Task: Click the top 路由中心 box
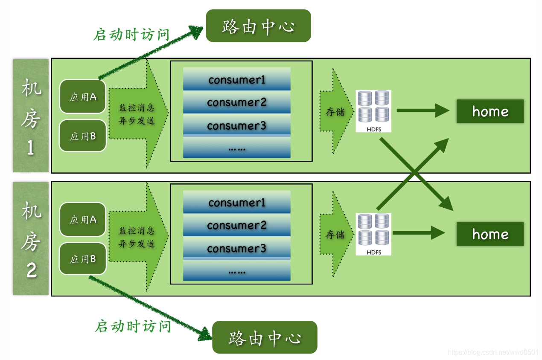(258, 26)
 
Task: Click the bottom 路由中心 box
(265, 337)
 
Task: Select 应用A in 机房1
(83, 97)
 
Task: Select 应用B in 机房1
(83, 136)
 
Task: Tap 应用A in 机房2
(83, 219)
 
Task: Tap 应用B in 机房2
(83, 258)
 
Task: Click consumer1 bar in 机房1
(236, 79)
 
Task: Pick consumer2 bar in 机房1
(236, 102)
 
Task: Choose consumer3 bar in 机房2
(236, 248)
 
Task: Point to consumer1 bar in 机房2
(236, 202)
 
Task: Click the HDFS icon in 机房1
(373, 110)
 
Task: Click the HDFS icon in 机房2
(373, 234)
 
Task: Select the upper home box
(490, 111)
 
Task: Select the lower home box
(490, 234)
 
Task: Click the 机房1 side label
(31, 116)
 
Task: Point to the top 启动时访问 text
(131, 34)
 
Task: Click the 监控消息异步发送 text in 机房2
(137, 237)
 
